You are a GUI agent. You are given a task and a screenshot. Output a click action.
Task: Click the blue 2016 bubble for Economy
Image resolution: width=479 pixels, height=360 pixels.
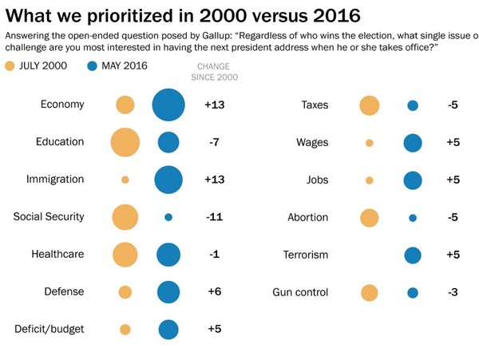tap(168, 105)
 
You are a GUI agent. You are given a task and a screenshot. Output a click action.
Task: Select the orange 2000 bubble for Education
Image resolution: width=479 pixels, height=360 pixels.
tap(125, 142)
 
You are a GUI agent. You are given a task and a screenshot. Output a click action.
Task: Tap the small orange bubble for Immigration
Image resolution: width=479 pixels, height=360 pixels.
tap(125, 180)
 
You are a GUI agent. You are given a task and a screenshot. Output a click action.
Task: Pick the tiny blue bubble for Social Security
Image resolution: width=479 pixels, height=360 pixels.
tap(168, 217)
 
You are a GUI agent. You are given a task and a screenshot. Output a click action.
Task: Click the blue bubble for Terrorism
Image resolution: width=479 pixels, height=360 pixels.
tap(413, 255)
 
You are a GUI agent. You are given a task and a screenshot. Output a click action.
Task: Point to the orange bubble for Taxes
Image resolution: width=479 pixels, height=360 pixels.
tap(369, 105)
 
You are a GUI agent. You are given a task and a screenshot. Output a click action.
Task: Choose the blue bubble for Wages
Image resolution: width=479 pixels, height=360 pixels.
tap(413, 143)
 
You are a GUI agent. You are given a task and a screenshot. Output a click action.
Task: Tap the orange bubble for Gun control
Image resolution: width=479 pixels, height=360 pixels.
tap(369, 293)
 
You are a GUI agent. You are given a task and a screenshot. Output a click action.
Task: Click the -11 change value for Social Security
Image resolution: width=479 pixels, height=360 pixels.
tap(214, 217)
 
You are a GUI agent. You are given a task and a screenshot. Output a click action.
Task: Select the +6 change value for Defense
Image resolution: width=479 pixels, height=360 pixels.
tap(214, 292)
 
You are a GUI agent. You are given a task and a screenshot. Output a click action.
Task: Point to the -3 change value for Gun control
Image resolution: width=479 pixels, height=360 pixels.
tap(453, 293)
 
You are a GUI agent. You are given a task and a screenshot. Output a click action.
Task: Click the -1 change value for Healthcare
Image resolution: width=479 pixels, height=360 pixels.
tap(214, 255)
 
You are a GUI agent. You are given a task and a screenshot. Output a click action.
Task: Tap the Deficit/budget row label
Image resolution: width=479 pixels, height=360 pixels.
tap(49, 329)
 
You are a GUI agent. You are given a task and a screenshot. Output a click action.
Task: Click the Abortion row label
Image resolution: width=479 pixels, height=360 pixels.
tap(308, 217)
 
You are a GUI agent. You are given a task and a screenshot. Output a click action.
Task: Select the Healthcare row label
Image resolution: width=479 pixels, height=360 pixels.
tap(57, 255)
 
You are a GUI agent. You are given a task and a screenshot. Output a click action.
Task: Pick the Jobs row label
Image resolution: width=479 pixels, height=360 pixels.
tap(317, 180)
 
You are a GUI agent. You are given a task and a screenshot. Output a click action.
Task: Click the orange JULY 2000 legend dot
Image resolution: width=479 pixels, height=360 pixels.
tap(10, 65)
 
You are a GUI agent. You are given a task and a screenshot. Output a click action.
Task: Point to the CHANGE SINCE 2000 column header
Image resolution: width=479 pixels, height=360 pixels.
tap(215, 72)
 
